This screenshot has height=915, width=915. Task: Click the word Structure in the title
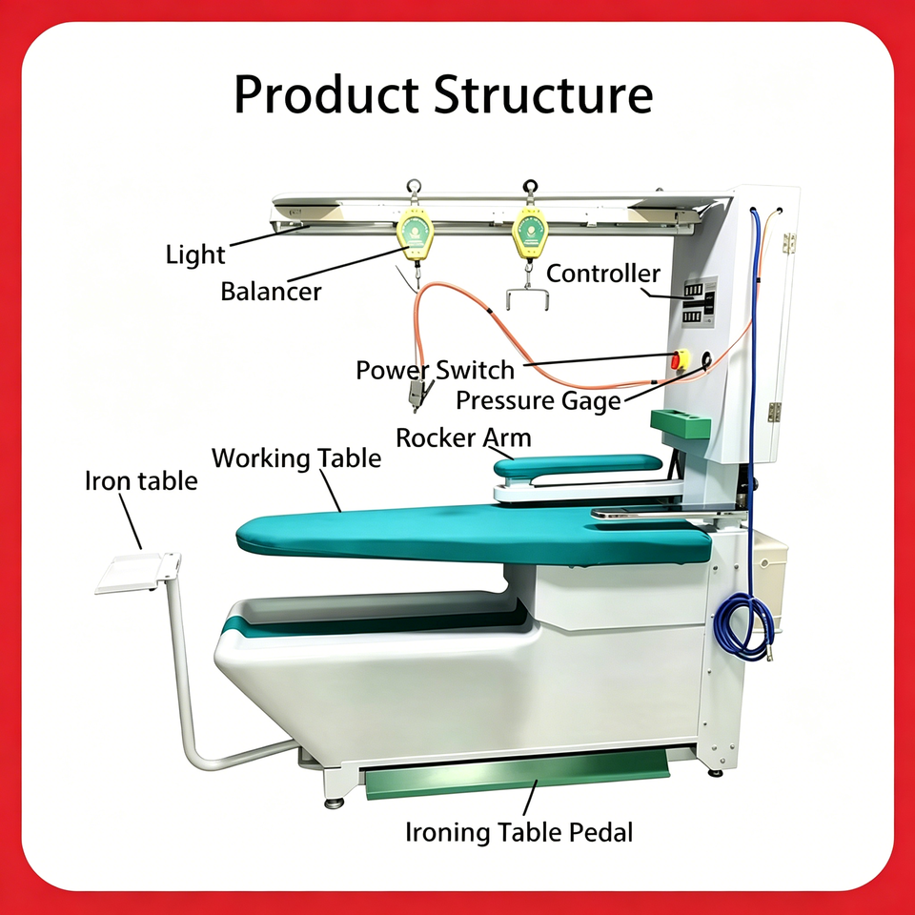point(543,96)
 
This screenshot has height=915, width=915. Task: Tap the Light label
point(195,254)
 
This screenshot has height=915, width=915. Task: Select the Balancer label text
point(272,291)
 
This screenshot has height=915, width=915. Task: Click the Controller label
point(603,274)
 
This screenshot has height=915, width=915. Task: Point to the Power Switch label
point(435,370)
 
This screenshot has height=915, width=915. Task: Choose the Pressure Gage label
point(538,400)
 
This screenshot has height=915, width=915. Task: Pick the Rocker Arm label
point(463,437)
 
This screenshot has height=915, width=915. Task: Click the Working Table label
point(295,457)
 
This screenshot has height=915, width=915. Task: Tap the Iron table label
point(141,479)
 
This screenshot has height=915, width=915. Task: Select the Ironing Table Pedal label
point(518,831)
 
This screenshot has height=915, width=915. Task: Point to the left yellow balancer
point(415,235)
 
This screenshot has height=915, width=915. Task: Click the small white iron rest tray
point(138,573)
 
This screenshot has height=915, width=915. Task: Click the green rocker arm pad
point(577,464)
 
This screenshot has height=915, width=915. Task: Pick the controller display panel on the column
point(697,303)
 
